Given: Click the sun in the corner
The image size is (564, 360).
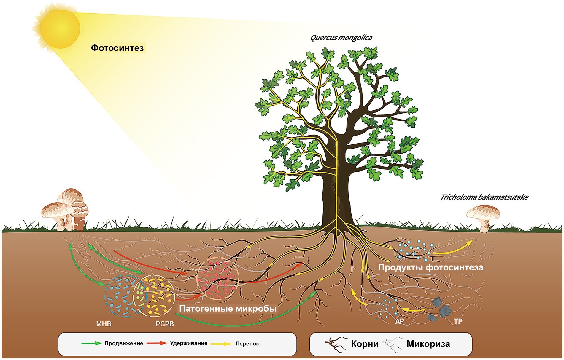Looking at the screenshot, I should pos(60,28).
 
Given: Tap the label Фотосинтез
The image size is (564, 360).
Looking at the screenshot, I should pos(117,48).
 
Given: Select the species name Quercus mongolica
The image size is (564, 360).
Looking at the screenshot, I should pos(341,38).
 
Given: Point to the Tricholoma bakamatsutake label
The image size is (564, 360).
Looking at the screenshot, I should pos(484,197).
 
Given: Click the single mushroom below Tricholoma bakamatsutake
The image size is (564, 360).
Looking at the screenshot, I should pos(483,219).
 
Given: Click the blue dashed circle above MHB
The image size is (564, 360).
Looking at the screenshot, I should pos(122,296).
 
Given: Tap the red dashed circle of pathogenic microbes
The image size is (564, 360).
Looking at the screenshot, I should pos(218,278).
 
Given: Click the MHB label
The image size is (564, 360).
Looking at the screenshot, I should pos(104,324).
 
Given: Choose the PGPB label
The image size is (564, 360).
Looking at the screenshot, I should pos(165,324).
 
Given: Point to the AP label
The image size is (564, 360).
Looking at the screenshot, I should pos(399,321).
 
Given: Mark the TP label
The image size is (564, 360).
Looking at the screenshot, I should pos(458,321).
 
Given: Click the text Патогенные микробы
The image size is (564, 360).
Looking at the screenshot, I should pos(228,309).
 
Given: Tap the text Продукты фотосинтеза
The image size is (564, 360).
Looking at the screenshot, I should pos(430,267).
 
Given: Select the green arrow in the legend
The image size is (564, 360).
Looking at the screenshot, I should pos(92,343).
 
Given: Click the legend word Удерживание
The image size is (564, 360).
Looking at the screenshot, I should pos(189,343).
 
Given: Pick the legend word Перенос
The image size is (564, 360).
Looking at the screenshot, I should pos(247,344).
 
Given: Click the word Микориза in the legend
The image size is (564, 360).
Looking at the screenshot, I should pos(428,344).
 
